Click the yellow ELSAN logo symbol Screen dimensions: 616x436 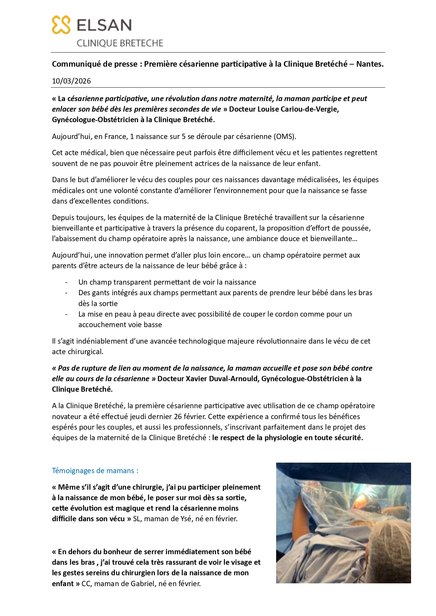click(x=61, y=25)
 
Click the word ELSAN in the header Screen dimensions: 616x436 click(x=104, y=25)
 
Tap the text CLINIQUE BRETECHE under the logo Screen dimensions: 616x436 click(x=120, y=43)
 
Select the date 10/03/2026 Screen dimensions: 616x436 click(x=71, y=81)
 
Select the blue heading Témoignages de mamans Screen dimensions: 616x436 click(x=95, y=471)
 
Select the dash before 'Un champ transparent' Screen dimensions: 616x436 click(x=66, y=282)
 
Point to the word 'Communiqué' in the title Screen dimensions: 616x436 click(x=74, y=64)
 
